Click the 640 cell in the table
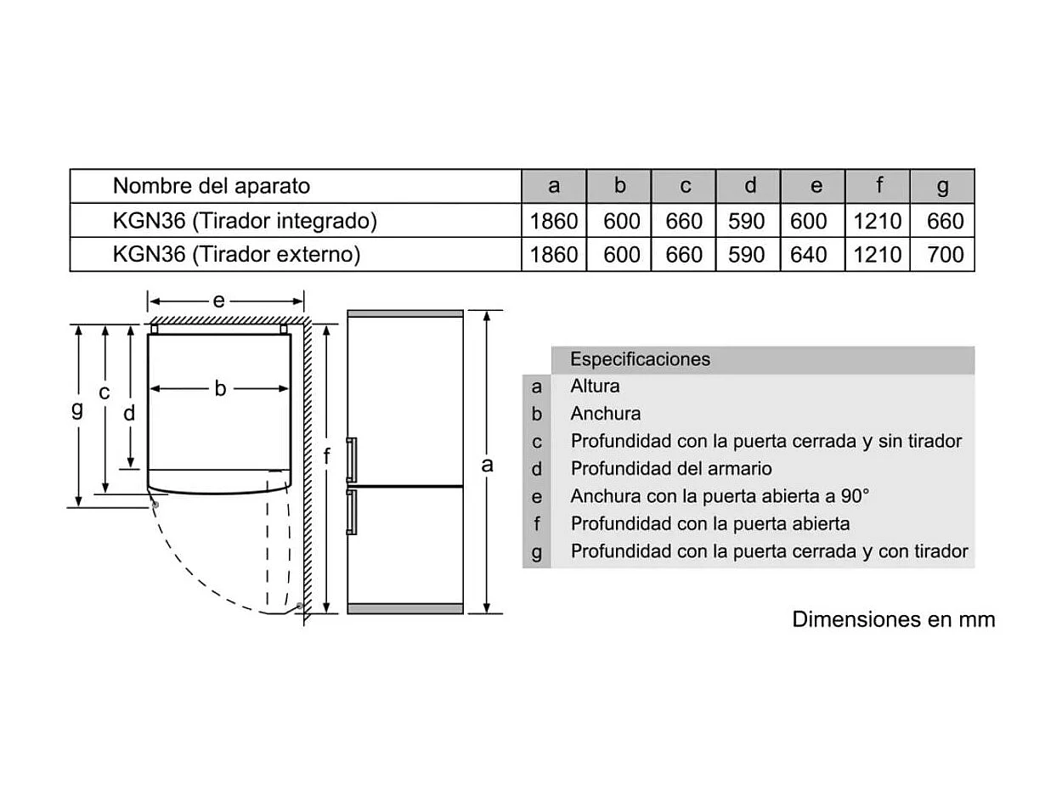[808, 254]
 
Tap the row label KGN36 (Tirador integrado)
[245, 221]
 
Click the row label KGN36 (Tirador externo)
[237, 254]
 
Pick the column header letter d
[749, 186]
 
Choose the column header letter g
[942, 186]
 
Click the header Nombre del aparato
[212, 185]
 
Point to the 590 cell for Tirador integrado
[747, 221]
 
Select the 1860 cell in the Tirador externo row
[554, 254]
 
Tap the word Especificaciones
[640, 359]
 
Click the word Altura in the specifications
[595, 387]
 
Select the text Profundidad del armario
[671, 468]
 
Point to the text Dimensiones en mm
[893, 618]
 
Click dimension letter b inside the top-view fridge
[220, 388]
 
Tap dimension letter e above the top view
[218, 300]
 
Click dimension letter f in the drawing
[327, 457]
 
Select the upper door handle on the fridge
[352, 460]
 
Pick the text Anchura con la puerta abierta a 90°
[720, 496]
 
